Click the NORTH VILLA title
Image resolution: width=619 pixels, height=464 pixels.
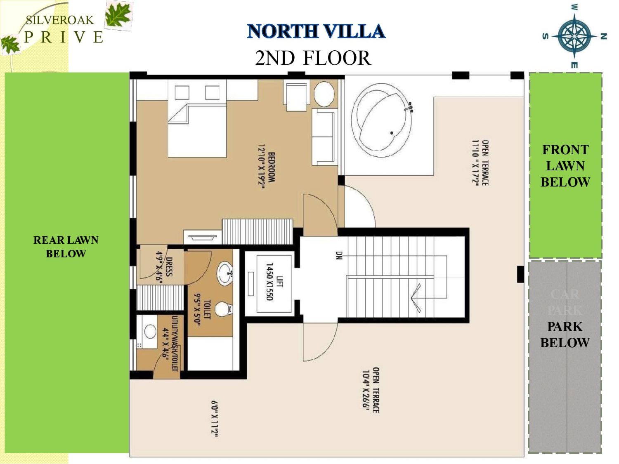click(316, 31)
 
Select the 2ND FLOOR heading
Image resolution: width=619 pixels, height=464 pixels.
click(313, 58)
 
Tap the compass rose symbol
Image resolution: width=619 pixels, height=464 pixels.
click(574, 36)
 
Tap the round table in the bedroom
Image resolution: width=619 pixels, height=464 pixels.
click(324, 94)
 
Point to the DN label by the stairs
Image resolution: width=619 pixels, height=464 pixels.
click(339, 256)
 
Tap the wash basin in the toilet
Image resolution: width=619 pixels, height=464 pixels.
click(226, 273)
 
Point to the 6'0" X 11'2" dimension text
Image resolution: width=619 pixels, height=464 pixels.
click(215, 418)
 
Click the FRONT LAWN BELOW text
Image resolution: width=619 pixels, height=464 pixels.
click(565, 166)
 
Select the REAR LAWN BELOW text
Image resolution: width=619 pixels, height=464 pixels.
click(66, 247)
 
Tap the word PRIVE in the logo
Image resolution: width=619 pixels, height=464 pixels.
click(64, 38)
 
